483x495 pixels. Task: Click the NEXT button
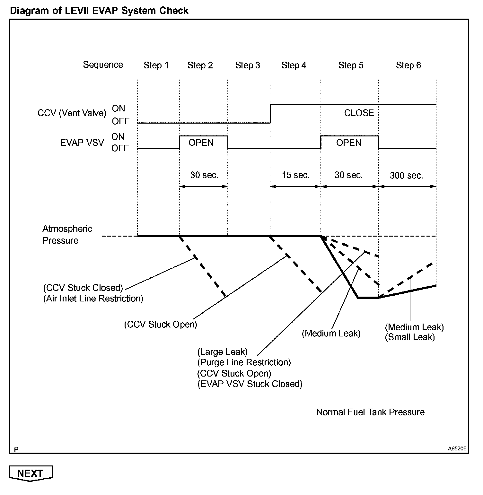click(x=31, y=473)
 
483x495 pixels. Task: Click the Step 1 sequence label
click(x=156, y=65)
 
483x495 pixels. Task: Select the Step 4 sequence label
click(x=294, y=65)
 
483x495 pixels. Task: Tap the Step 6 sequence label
click(x=408, y=65)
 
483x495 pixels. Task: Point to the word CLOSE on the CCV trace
click(x=359, y=113)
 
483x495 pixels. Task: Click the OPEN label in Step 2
click(x=201, y=143)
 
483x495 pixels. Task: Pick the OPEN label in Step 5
click(x=349, y=143)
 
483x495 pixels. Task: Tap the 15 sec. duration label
click(x=296, y=175)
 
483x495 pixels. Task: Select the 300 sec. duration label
click(x=407, y=176)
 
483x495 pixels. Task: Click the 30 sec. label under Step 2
click(x=204, y=175)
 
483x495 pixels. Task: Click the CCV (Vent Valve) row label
click(x=72, y=113)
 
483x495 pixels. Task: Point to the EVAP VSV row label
click(x=82, y=143)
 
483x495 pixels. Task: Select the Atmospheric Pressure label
click(x=67, y=235)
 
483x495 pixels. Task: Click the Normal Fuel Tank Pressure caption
click(x=370, y=412)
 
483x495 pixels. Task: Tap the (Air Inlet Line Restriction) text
click(x=93, y=299)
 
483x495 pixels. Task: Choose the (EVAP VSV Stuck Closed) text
click(x=250, y=384)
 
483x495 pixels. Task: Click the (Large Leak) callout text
click(x=222, y=352)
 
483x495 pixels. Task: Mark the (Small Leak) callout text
click(x=410, y=337)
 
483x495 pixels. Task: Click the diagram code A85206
click(x=457, y=449)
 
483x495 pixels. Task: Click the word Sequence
click(x=103, y=65)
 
